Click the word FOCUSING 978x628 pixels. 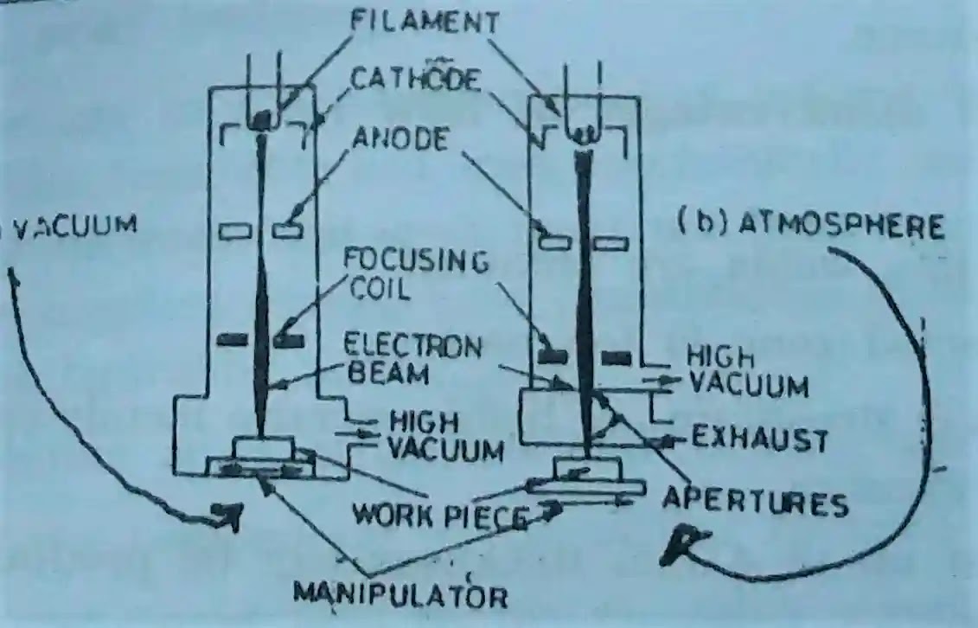pos(414,260)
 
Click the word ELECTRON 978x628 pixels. pos(412,347)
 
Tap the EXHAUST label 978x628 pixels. pos(758,440)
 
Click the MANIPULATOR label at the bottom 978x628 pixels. pos(400,594)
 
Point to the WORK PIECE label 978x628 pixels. pos(439,517)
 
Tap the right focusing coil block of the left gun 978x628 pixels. pos(289,340)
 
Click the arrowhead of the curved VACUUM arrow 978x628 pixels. pos(229,516)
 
